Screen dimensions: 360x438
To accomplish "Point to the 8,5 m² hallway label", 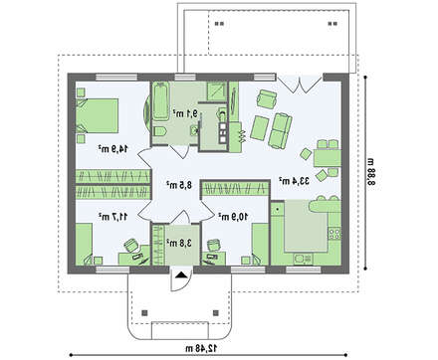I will click(178, 184).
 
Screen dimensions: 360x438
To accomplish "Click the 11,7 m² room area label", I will click(109, 215).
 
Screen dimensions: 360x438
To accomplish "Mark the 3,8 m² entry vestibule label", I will click(178, 242).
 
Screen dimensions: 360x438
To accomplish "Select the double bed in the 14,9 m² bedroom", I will click(98, 114).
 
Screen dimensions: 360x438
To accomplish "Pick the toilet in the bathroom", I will click(161, 134).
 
